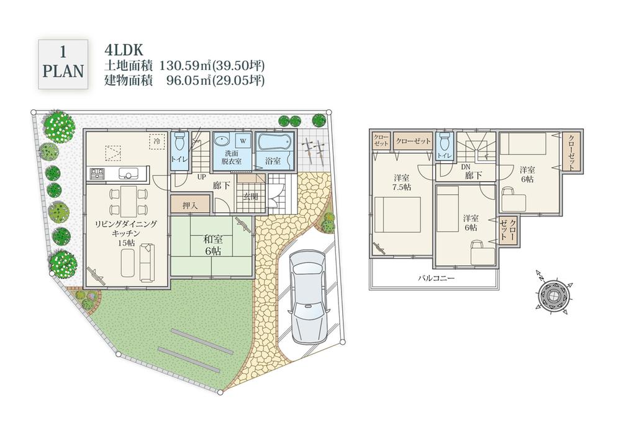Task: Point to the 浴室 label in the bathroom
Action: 272,161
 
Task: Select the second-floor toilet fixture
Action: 444,143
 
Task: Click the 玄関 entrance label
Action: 250,196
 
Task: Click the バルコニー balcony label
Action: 436,278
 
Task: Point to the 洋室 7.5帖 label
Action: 397,181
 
